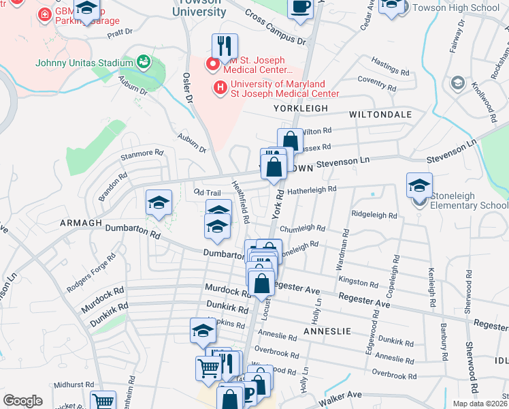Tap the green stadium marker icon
point(144,63)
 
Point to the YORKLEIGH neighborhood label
point(301,108)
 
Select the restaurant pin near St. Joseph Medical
point(225,46)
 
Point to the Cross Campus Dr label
point(276,27)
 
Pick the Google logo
point(22,401)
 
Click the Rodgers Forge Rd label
point(91,273)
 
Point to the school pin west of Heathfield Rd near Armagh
point(159,202)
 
